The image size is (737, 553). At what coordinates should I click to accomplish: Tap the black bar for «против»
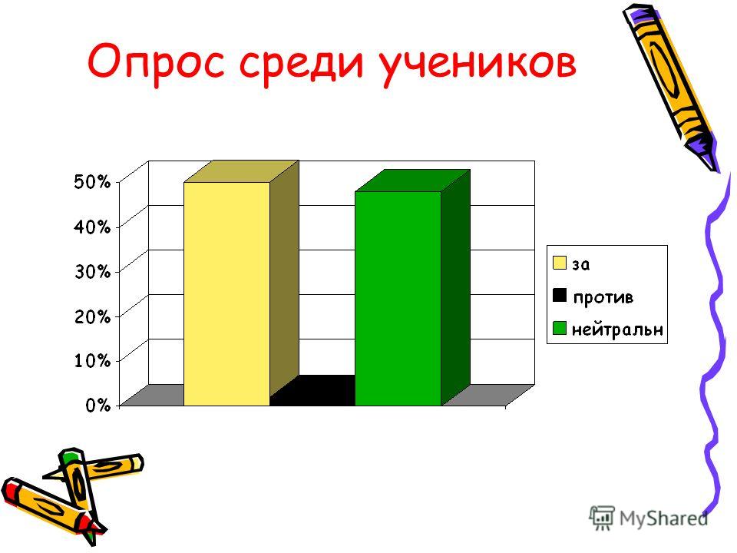pyautogui.click(x=312, y=391)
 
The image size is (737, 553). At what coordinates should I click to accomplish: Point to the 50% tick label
pyautogui.click(x=92, y=181)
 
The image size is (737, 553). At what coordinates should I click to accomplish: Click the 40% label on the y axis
pyautogui.click(x=92, y=227)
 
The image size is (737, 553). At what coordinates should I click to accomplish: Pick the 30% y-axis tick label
pyautogui.click(x=92, y=271)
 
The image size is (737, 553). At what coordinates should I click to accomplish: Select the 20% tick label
pyautogui.click(x=92, y=316)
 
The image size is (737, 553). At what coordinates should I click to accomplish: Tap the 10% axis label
pyautogui.click(x=92, y=361)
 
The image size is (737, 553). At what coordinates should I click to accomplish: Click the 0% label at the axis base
pyautogui.click(x=97, y=405)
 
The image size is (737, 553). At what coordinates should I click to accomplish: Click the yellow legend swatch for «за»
pyautogui.click(x=560, y=263)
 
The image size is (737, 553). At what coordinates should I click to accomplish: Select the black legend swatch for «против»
pyautogui.click(x=560, y=295)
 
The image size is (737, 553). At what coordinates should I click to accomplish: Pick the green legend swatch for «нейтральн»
pyautogui.click(x=560, y=328)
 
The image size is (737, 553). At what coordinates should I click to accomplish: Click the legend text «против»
pyautogui.click(x=603, y=298)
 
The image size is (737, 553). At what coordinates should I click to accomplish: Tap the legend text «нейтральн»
pyautogui.click(x=617, y=329)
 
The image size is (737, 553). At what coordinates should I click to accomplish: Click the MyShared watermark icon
pyautogui.click(x=602, y=518)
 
